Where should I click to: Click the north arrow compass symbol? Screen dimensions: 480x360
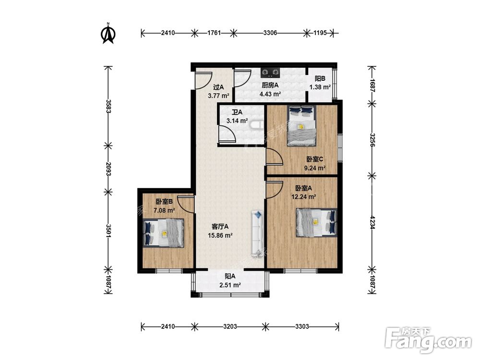click(108, 33)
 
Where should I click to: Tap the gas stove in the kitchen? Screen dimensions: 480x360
click(271, 72)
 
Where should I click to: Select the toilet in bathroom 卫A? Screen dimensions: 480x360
click(256, 125)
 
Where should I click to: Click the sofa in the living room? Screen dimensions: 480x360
click(257, 233)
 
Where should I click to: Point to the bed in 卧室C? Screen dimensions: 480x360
click(301, 126)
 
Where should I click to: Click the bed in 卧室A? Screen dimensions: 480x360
click(316, 223)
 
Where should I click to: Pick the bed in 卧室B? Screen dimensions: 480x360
click(164, 233)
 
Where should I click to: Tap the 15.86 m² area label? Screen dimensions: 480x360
click(220, 235)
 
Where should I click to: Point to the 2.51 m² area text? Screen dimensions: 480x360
click(230, 285)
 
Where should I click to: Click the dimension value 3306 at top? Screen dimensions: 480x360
click(270, 33)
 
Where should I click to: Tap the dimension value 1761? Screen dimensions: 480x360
click(214, 33)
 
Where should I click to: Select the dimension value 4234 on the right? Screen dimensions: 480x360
click(372, 223)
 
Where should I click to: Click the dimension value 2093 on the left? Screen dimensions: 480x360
click(108, 168)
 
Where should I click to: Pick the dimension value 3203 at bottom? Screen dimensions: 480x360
click(230, 326)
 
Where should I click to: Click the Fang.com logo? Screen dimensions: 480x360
click(428, 340)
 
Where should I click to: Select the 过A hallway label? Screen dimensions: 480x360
click(218, 87)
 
